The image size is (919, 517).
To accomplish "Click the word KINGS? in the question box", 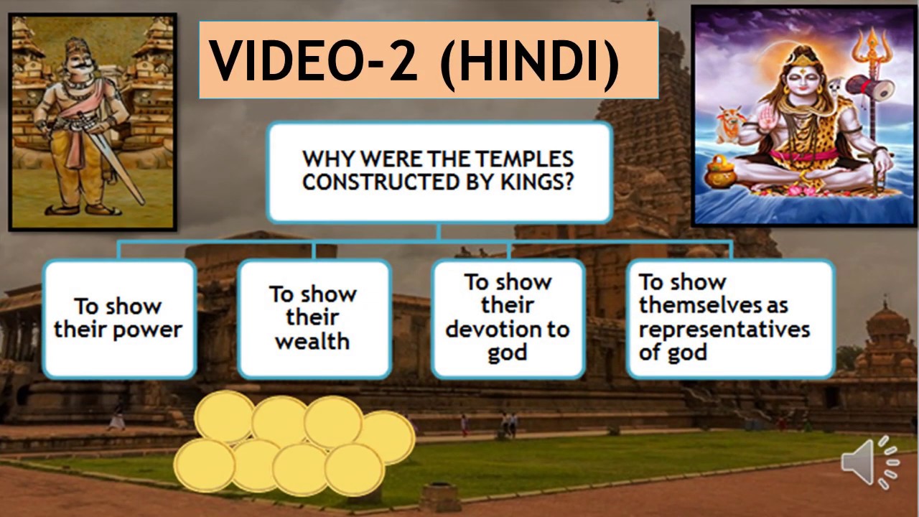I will (531, 182).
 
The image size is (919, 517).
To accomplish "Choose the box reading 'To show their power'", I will (118, 318).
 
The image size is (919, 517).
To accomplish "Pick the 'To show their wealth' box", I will (313, 318).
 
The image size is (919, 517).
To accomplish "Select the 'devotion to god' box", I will (508, 318).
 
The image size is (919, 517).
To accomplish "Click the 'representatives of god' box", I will (729, 318).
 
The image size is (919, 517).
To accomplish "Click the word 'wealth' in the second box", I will (312, 341).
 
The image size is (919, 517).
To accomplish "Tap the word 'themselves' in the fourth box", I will (694, 305).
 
